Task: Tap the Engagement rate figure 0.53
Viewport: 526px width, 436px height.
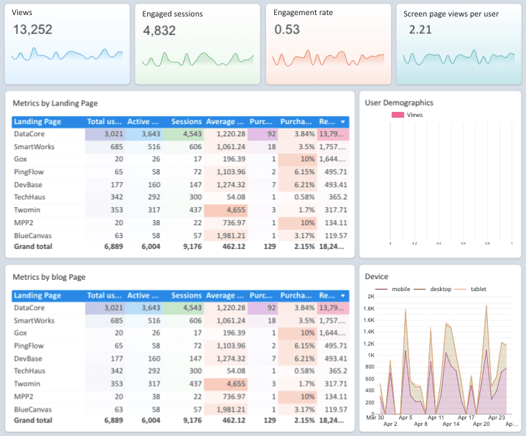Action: coord(287,29)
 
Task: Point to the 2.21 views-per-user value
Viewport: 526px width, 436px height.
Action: coord(420,29)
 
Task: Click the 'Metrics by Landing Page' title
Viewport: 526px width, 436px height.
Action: coord(55,103)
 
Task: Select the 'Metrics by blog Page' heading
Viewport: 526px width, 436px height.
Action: coord(50,277)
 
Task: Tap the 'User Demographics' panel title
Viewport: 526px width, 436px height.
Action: coord(399,103)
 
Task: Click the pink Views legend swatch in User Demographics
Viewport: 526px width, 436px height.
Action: coord(397,115)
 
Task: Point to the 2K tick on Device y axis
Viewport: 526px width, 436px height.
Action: coord(371,296)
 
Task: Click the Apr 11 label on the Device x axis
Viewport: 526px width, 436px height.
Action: coord(436,417)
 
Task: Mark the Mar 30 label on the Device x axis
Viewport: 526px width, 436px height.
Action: coord(374,417)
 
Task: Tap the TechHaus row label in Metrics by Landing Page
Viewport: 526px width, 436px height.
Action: coord(30,197)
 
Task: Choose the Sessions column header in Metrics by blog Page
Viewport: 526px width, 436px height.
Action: coord(187,295)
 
